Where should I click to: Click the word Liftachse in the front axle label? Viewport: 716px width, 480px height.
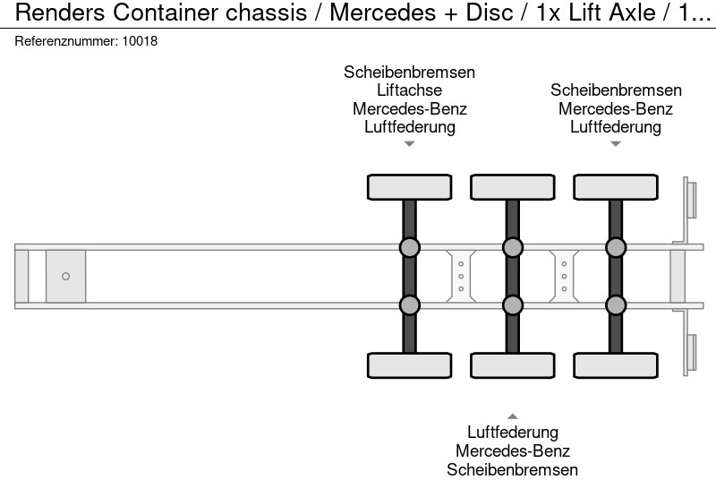pyautogui.click(x=409, y=90)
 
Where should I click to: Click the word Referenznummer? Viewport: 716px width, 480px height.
pyautogui.click(x=65, y=41)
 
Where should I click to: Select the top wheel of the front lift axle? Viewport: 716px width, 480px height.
pyautogui.click(x=409, y=187)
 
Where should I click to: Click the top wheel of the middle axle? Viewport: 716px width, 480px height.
pyautogui.click(x=512, y=187)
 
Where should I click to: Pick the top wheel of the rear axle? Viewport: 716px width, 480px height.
pyautogui.click(x=615, y=187)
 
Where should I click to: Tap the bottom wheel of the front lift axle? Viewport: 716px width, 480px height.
pyautogui.click(x=409, y=365)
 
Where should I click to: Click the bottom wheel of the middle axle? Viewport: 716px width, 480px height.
pyautogui.click(x=512, y=365)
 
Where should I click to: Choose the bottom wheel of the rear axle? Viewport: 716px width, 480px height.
pyautogui.click(x=615, y=365)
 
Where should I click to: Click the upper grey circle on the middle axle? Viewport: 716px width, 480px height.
pyautogui.click(x=512, y=248)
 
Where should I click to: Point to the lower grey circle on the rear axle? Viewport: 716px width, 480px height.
pyautogui.click(x=615, y=305)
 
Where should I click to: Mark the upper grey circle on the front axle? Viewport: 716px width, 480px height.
pyautogui.click(x=409, y=248)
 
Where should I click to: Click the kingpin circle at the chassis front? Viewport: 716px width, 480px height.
pyautogui.click(x=65, y=277)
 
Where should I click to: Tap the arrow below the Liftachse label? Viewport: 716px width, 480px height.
pyautogui.click(x=409, y=144)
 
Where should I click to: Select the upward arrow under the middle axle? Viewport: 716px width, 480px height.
pyautogui.click(x=512, y=416)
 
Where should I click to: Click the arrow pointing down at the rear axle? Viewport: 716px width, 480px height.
pyautogui.click(x=615, y=144)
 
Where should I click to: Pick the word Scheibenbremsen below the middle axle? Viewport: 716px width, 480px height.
pyautogui.click(x=512, y=469)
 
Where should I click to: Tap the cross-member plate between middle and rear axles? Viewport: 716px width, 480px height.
pyautogui.click(x=564, y=276)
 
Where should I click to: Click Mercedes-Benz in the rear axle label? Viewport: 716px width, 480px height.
pyautogui.click(x=616, y=109)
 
